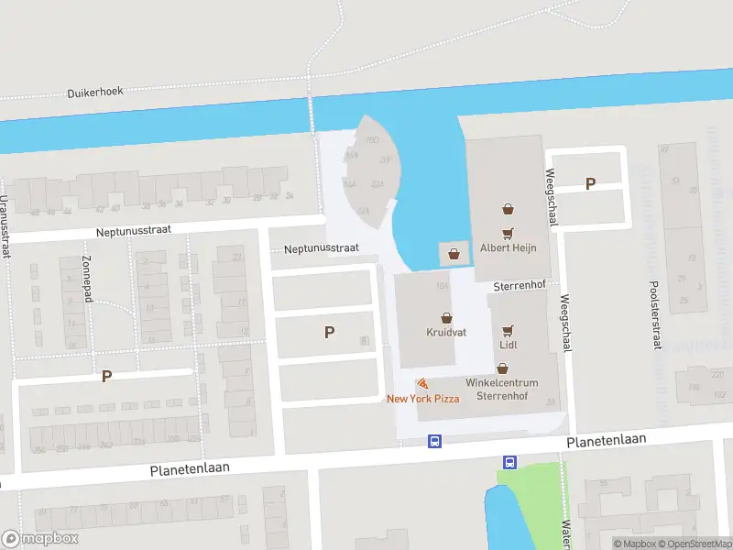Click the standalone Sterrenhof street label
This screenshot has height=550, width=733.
click(519, 285)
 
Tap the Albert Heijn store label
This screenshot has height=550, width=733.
click(507, 247)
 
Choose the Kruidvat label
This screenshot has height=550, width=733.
click(446, 332)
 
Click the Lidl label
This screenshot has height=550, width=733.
click(509, 345)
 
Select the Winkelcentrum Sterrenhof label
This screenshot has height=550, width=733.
click(501, 390)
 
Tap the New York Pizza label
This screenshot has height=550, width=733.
click(422, 398)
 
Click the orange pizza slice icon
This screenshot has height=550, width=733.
click(421, 383)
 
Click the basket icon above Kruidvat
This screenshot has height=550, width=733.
click(446, 316)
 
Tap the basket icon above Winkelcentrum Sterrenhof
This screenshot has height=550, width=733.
click(501, 368)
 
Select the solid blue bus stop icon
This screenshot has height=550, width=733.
click(435, 441)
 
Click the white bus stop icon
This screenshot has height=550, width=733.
click(509, 462)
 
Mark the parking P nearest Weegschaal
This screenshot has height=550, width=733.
click(590, 183)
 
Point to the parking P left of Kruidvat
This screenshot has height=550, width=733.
click(329, 333)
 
